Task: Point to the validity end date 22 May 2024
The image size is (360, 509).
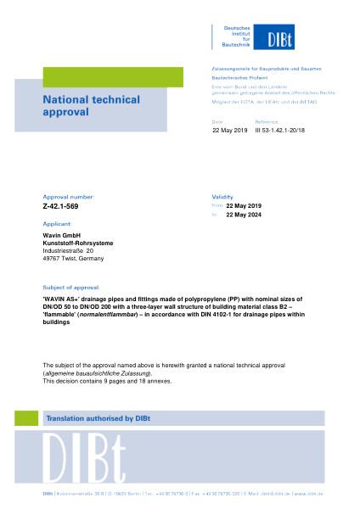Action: click(243, 215)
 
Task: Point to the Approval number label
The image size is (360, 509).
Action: click(67, 196)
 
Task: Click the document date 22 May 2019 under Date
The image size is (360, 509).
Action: click(229, 131)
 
